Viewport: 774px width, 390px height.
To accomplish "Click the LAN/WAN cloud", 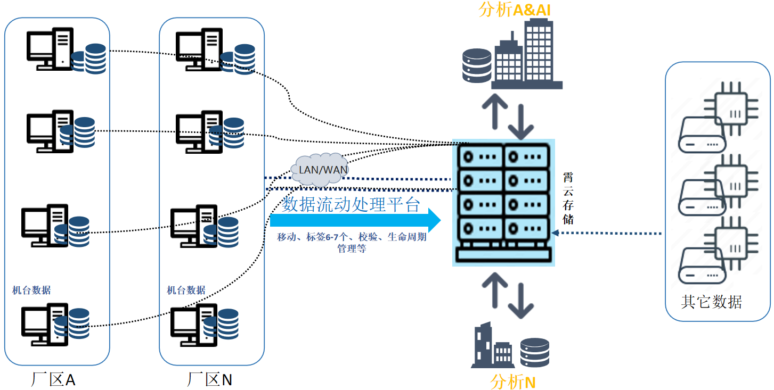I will [x=319, y=170].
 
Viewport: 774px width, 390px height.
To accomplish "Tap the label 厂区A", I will [x=54, y=380].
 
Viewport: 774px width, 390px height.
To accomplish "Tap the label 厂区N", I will [x=210, y=380].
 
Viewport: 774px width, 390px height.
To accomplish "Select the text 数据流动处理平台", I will [x=351, y=204].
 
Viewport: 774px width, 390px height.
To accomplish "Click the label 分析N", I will [x=512, y=381].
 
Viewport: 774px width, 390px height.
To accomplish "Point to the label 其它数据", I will [x=711, y=302].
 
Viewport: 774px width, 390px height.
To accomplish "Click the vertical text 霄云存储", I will [x=568, y=197].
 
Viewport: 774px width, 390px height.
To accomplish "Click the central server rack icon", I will [x=504, y=202].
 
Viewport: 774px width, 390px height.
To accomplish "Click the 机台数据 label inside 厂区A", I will [x=31, y=290].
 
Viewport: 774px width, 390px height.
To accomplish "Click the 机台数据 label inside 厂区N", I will [x=186, y=290].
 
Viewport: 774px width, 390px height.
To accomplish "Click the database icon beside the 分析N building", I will [x=534, y=352].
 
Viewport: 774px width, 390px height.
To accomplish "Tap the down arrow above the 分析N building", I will [x=521, y=301].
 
